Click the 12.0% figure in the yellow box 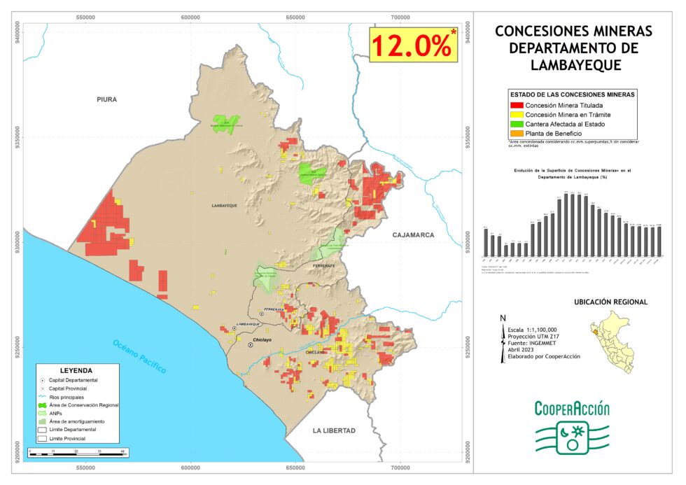point(410,45)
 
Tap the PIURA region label point(107,99)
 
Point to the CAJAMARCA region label point(413,235)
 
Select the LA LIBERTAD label point(334,430)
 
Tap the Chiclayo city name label point(262,339)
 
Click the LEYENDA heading point(76,370)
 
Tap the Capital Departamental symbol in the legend point(43,380)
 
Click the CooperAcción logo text point(572,409)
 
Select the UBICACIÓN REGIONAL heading point(610,302)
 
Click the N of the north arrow point(503,318)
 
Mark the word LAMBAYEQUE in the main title point(573,66)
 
